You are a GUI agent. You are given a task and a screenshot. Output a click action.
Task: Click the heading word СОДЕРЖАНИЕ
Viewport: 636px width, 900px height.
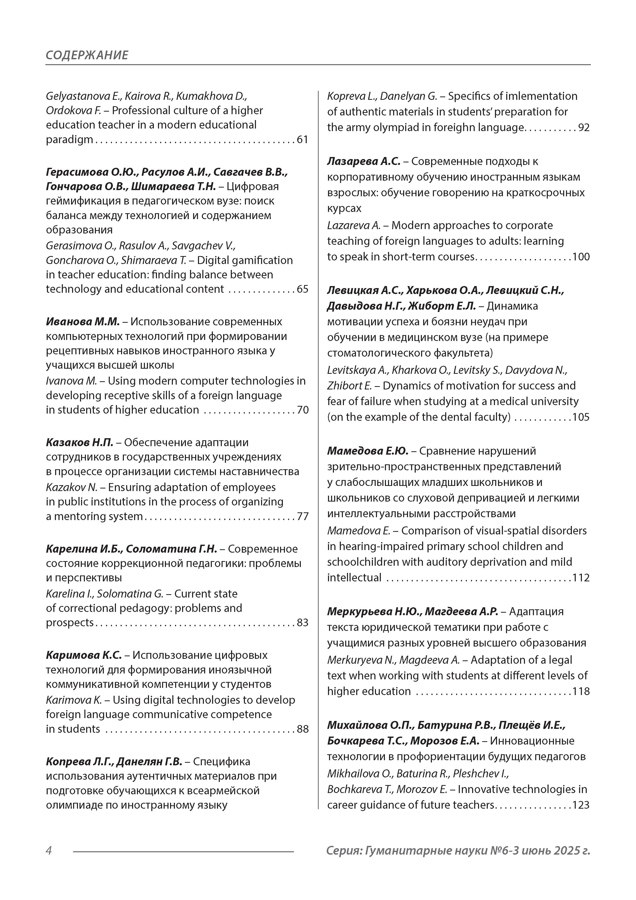pyautogui.click(x=87, y=55)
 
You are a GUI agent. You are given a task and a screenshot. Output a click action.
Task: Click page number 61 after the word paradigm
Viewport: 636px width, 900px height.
pyautogui.click(x=302, y=140)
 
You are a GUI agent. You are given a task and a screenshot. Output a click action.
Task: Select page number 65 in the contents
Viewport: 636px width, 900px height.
pyautogui.click(x=302, y=289)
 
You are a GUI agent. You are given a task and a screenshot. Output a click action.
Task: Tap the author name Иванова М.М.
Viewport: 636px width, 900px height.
pyautogui.click(x=82, y=322)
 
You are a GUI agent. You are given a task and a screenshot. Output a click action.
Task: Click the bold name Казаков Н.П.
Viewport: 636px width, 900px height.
pyautogui.click(x=79, y=443)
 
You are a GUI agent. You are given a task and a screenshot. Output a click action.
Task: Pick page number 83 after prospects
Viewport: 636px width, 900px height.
pyautogui.click(x=302, y=623)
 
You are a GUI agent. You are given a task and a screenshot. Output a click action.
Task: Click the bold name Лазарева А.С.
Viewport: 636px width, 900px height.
pyautogui.click(x=363, y=161)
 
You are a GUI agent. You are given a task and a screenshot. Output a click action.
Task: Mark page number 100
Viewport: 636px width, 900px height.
pyautogui.click(x=581, y=257)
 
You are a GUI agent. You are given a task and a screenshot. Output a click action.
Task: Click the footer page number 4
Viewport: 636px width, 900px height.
pyautogui.click(x=49, y=851)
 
